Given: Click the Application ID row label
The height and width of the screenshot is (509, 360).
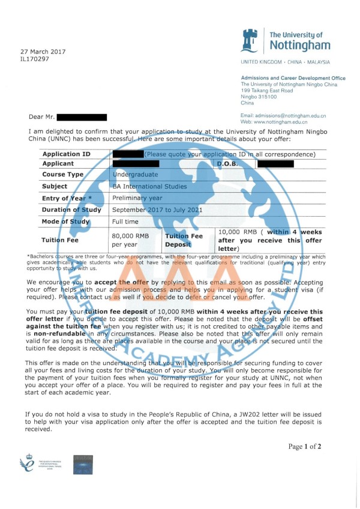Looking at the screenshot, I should pos(66,154).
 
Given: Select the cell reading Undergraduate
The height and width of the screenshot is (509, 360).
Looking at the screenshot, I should pos(136,175).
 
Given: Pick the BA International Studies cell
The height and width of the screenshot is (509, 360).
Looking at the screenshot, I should pos(149,187).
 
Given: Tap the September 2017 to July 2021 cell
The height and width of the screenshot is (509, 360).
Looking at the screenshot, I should pos(157,210).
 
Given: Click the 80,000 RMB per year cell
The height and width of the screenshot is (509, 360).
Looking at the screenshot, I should pos(130,240).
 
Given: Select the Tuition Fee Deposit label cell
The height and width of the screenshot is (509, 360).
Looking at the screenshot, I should pos(188,240).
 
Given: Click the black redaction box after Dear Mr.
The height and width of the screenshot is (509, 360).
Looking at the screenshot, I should pos(81,118).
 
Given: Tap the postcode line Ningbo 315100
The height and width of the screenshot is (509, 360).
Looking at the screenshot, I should pos(259,97).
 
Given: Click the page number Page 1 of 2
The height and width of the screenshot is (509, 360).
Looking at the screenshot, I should pos(305,446).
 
